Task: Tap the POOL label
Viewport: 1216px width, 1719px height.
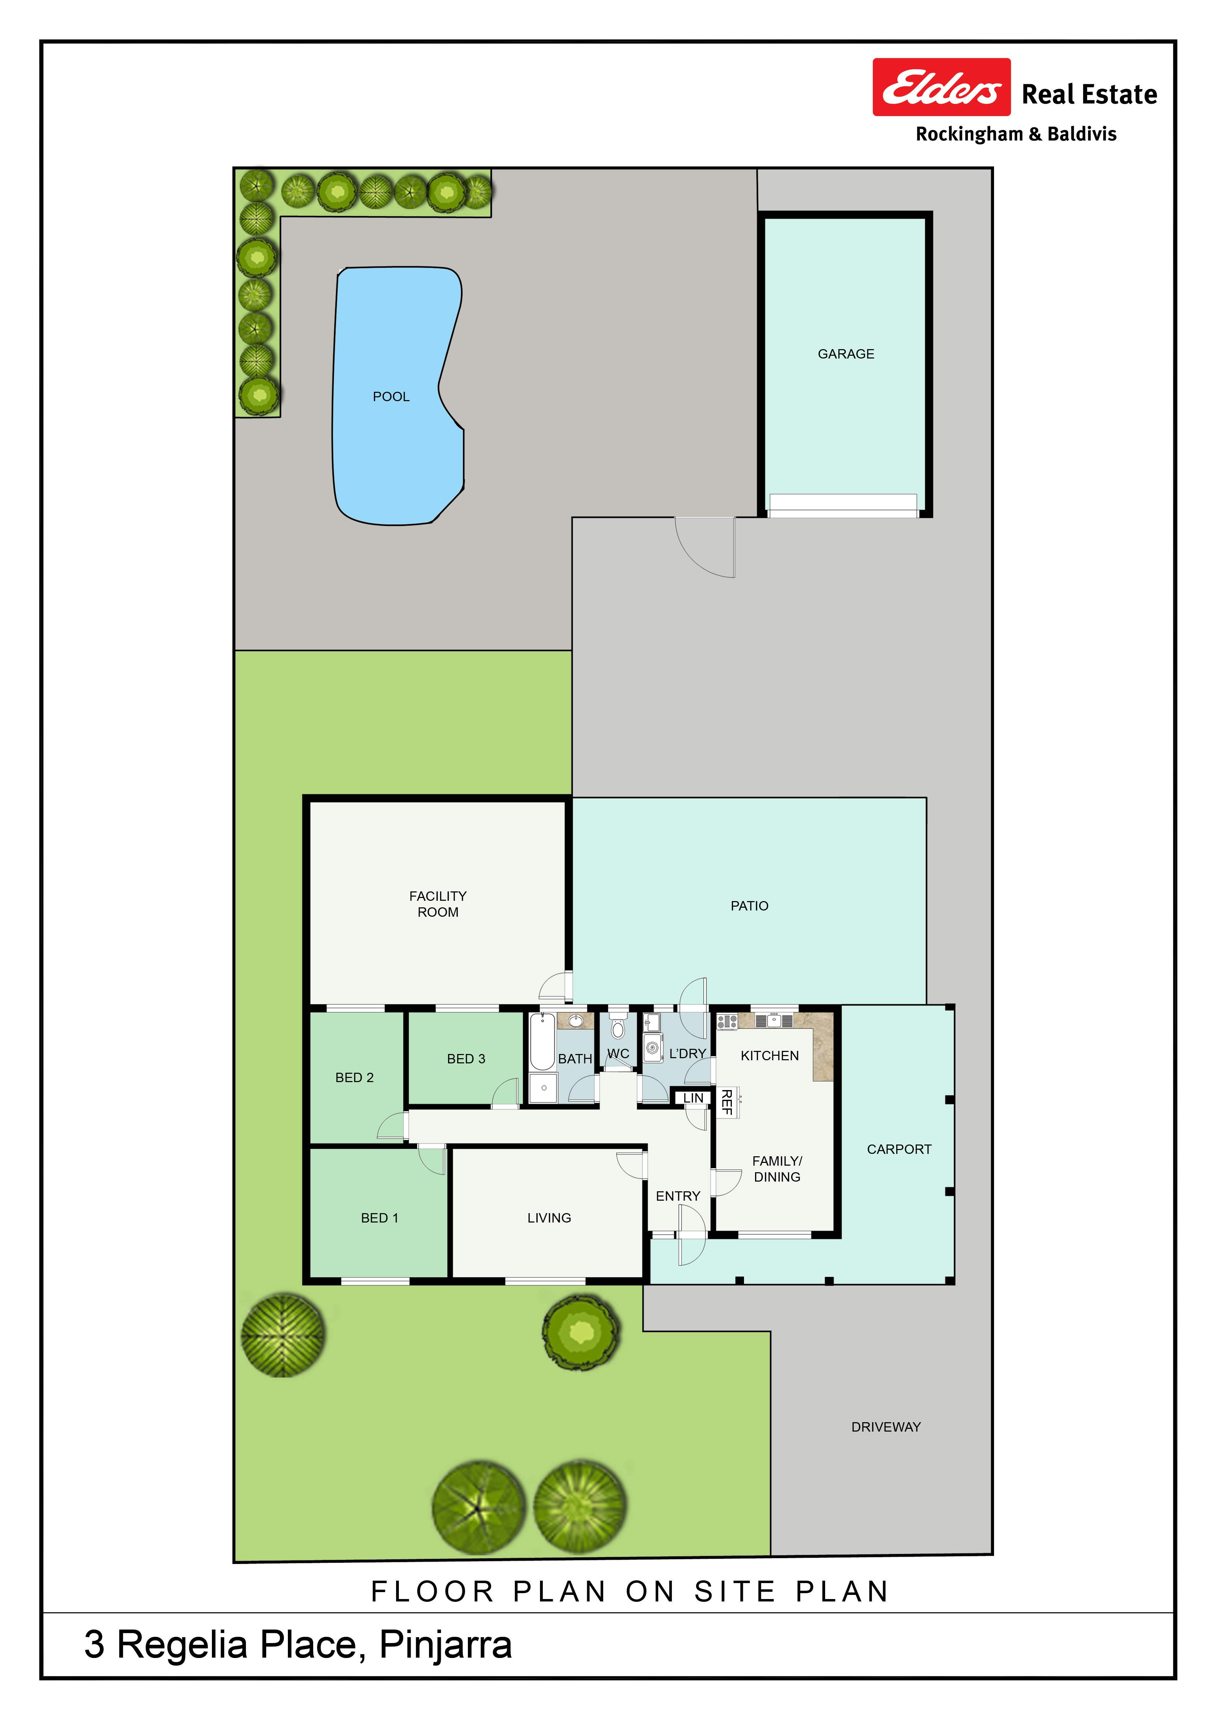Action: coord(391,397)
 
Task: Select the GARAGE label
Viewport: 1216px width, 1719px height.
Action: coord(845,354)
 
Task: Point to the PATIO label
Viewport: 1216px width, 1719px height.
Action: coord(750,906)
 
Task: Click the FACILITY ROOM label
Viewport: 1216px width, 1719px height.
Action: coord(438,904)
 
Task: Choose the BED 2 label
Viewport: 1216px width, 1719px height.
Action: coord(354,1077)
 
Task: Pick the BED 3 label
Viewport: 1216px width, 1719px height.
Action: coord(466,1059)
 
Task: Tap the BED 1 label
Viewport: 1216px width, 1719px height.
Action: coord(380,1218)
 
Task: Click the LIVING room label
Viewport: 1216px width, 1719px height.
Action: coord(549,1218)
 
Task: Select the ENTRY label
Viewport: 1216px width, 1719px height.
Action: coord(678,1197)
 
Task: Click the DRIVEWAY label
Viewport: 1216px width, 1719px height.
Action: coord(886,1427)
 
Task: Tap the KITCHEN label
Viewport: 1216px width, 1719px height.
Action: coord(770,1056)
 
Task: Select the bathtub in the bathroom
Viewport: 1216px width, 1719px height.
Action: coord(542,1042)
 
